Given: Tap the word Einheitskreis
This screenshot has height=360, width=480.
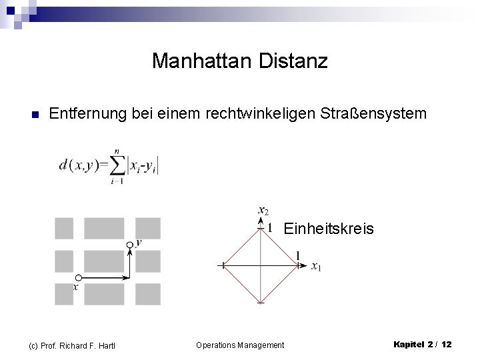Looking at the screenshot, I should (329, 229).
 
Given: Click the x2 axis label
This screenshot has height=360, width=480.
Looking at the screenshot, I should (263, 211).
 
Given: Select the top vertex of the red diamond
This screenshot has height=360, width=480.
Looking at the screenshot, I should (260, 228).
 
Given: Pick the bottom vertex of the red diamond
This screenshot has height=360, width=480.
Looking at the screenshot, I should (260, 303).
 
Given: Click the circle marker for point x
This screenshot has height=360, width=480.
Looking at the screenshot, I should (79, 277).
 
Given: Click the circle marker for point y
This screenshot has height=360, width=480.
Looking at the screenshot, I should (130, 245).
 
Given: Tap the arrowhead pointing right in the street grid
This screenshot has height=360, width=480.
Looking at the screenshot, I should (127, 277).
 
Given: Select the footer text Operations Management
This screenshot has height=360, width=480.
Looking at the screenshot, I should (240, 345).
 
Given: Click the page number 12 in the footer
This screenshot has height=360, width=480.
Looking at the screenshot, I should (446, 344).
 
